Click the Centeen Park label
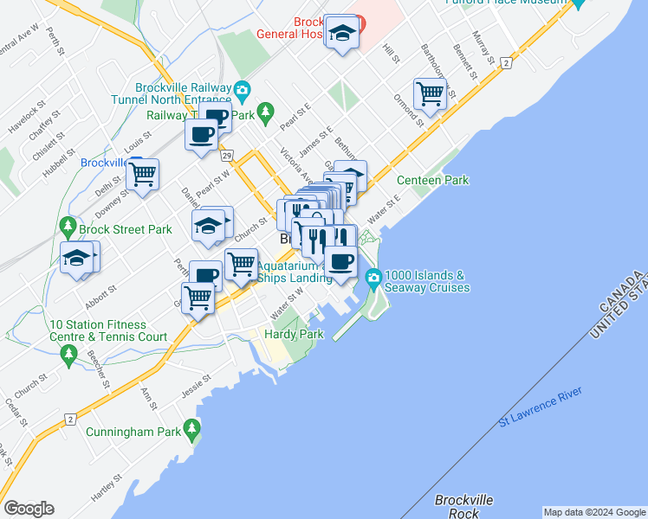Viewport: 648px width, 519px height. tap(432, 180)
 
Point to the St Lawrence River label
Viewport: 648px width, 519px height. tap(540, 407)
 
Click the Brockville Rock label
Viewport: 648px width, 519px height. tap(463, 506)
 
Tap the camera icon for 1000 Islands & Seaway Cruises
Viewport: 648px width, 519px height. tap(374, 277)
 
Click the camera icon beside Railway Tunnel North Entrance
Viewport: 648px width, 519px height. tap(242, 88)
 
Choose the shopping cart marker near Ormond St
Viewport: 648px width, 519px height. tap(430, 93)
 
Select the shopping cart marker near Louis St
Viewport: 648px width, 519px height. tap(143, 173)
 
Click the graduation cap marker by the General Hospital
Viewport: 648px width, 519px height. tap(343, 33)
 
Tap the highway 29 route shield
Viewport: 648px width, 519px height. tap(226, 155)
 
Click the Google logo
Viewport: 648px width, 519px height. tap(29, 508)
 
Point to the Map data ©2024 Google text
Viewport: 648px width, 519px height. tap(594, 512)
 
